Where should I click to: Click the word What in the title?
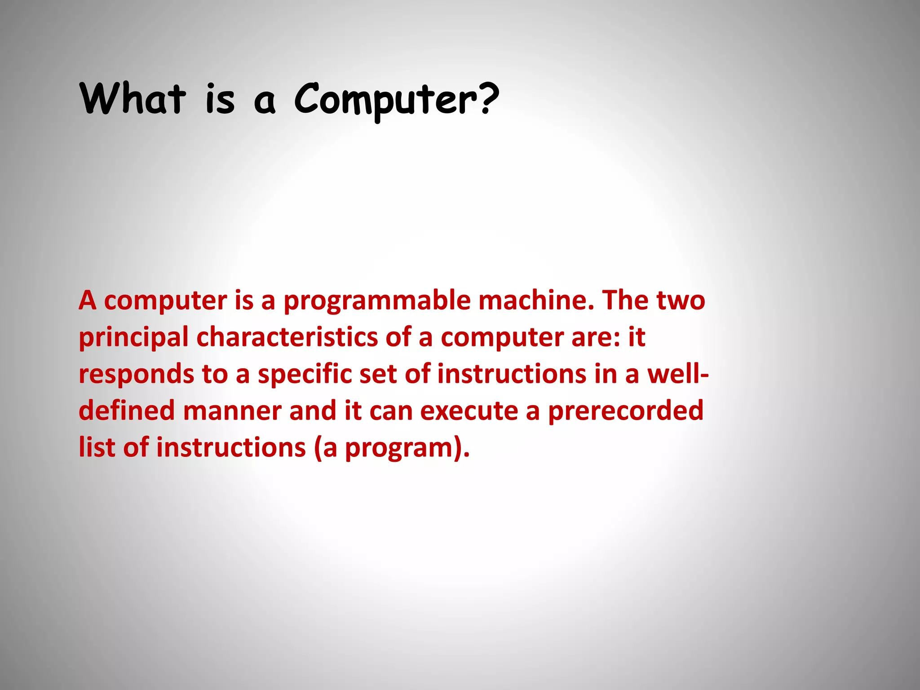tap(133, 98)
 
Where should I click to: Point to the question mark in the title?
tap(487, 97)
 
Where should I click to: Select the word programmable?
tap(377, 301)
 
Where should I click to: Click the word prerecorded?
tap(625, 411)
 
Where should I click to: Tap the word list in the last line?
tap(97, 447)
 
